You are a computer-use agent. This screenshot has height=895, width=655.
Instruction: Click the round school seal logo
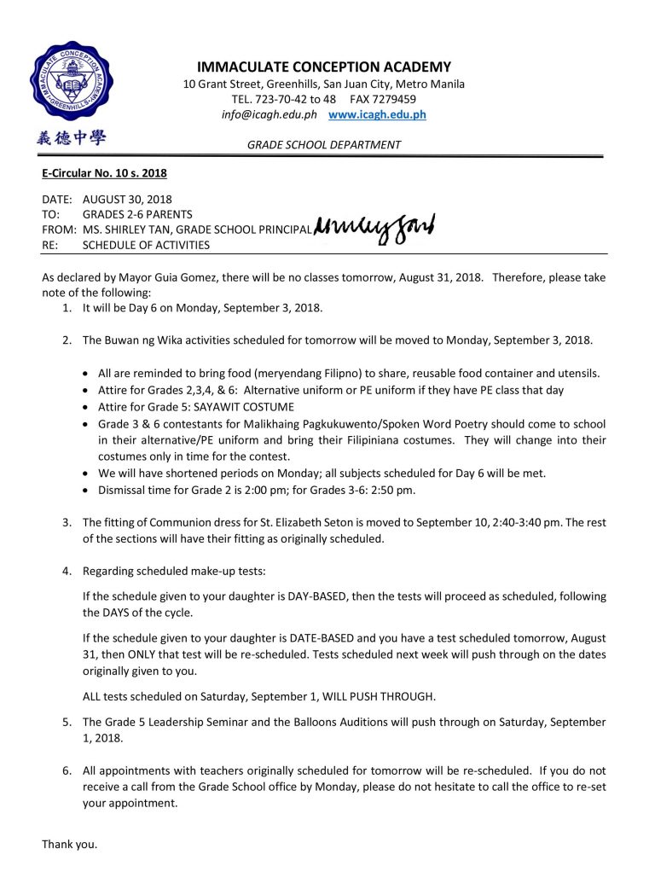pyautogui.click(x=71, y=82)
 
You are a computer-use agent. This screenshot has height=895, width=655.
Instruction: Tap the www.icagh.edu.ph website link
pyautogui.click(x=377, y=114)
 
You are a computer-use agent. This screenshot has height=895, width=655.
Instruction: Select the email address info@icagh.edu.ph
pyautogui.click(x=269, y=114)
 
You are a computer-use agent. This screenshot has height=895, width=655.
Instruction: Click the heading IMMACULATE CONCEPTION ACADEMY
pyautogui.click(x=324, y=67)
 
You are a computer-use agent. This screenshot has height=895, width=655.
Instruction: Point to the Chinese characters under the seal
pyautogui.click(x=71, y=137)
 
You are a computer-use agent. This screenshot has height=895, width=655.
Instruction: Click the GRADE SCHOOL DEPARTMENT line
pyautogui.click(x=324, y=145)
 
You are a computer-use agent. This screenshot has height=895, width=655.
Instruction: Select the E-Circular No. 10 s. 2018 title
pyautogui.click(x=104, y=173)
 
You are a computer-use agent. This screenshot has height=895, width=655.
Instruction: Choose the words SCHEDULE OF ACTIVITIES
pyautogui.click(x=146, y=245)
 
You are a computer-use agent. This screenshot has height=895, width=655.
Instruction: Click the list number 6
pyautogui.click(x=67, y=770)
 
